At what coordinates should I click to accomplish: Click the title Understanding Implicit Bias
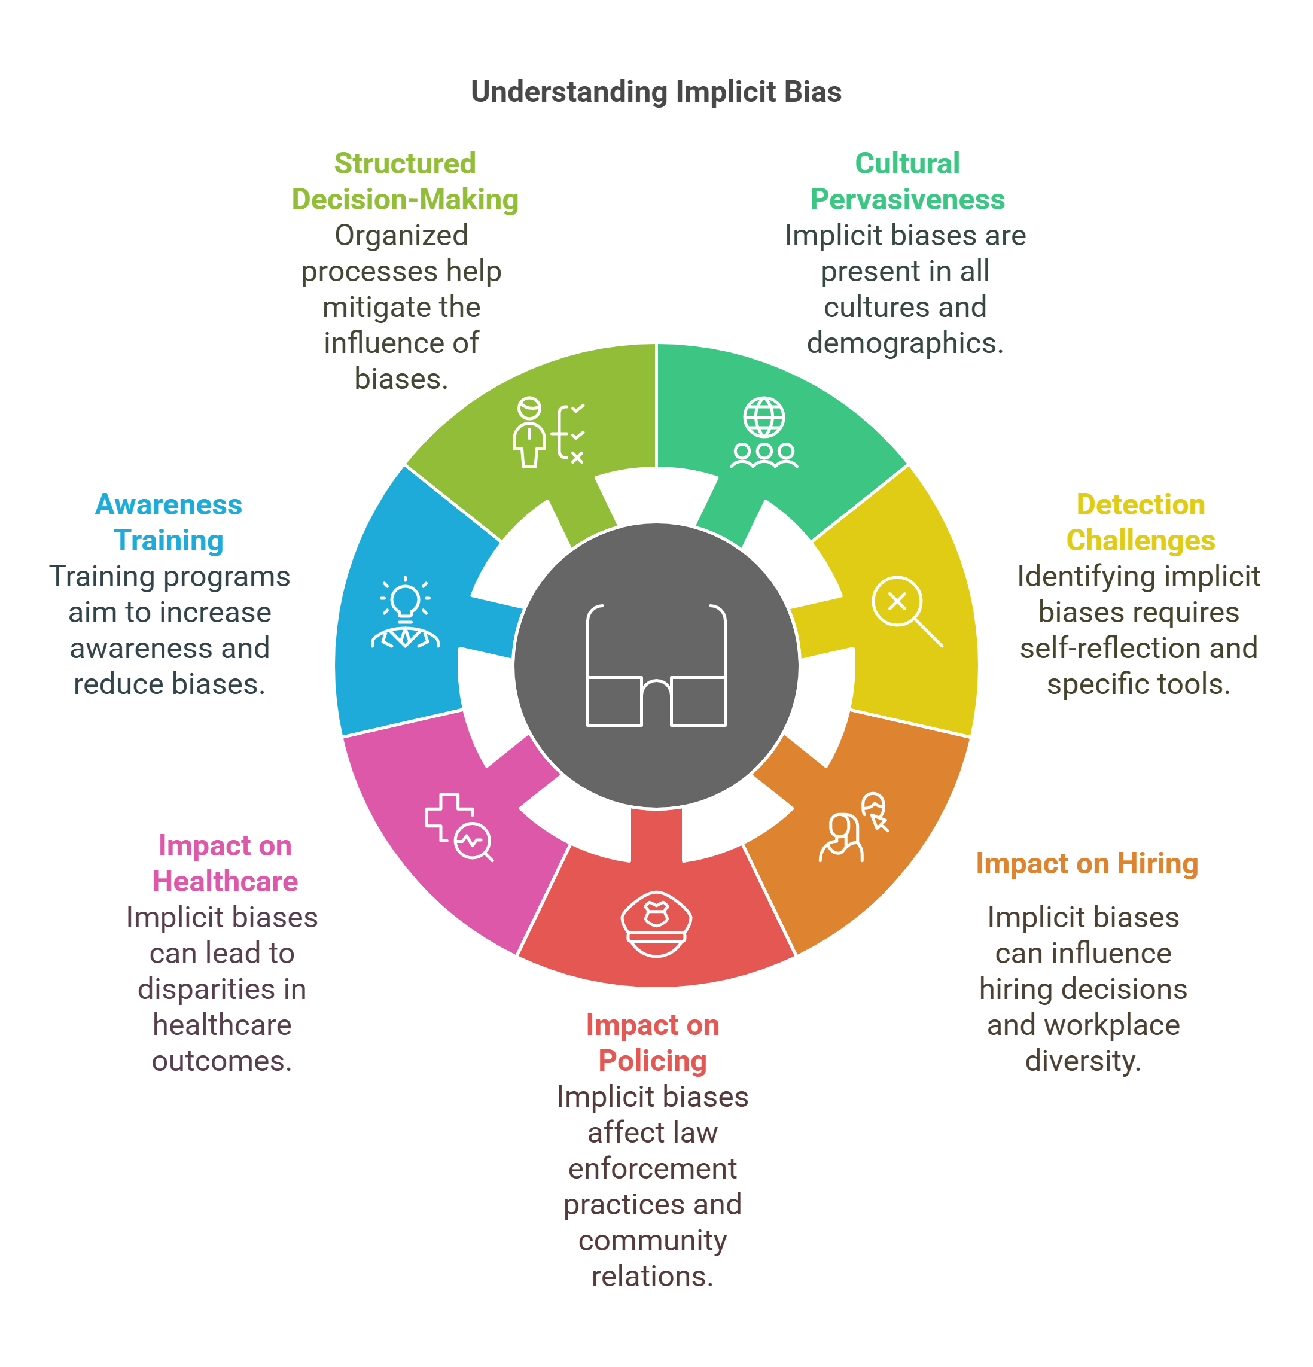point(656,92)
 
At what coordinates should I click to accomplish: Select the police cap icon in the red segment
point(656,924)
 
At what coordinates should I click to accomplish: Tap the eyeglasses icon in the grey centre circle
point(656,665)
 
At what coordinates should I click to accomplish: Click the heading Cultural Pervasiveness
point(906,181)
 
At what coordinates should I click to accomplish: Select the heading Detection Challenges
point(1140,522)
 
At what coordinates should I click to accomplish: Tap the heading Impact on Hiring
point(1086,863)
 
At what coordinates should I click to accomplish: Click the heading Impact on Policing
point(653,1043)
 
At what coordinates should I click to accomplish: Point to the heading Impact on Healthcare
point(224,863)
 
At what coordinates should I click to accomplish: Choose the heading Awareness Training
point(169,522)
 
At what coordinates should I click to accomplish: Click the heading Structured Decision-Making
point(404,181)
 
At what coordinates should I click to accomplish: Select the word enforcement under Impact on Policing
point(652,1168)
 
